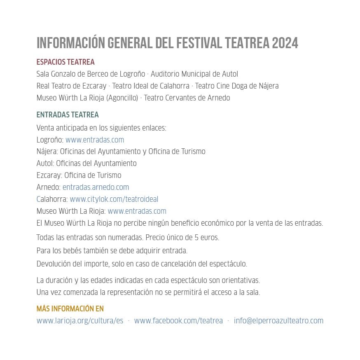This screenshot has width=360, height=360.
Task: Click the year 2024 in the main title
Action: coord(285,43)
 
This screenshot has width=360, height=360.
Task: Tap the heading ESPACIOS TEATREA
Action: coord(65,62)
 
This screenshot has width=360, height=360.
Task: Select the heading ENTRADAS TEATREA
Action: coord(68,115)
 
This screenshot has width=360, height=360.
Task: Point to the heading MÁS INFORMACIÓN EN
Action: coord(70,309)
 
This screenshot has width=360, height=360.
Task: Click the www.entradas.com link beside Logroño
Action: coord(95,140)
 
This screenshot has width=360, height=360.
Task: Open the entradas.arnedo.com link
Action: coord(96,187)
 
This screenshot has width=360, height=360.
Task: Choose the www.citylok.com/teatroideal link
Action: coord(114,199)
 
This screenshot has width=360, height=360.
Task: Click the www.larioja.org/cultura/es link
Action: coord(80,321)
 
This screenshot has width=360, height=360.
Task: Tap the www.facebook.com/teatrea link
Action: coord(178,321)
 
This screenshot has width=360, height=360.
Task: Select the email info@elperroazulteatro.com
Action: coord(278,321)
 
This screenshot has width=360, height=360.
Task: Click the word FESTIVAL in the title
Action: coord(199,43)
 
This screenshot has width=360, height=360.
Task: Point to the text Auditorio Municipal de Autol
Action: coord(194,74)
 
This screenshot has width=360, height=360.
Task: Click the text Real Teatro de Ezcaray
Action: coord(71,86)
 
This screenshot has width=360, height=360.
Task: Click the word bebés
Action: coord(78,250)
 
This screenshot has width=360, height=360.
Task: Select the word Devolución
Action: coord(54,264)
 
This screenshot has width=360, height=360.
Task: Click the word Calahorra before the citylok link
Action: coord(51,199)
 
